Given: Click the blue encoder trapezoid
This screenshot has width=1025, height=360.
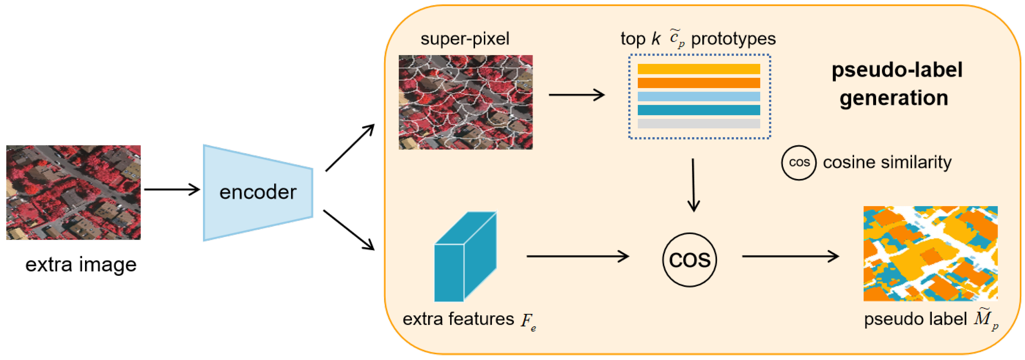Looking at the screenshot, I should point(258,193).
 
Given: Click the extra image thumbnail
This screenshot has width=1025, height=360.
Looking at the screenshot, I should point(74,192).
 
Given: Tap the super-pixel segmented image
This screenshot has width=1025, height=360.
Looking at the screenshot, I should point(466,102).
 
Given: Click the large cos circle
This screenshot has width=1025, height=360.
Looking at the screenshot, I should point(689,259).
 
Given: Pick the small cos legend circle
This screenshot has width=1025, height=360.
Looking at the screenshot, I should point(799,162).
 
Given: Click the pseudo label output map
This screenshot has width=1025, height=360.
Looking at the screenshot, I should point(930,253).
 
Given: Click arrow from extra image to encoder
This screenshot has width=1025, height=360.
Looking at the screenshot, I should point(172,189).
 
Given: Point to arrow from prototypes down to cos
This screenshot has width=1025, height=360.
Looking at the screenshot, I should point(693,185).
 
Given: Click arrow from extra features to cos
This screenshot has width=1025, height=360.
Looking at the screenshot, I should point(577,256).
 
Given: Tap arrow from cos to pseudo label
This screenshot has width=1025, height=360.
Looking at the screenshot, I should point(790,256).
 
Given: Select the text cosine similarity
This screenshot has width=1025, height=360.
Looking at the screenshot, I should point(887,162).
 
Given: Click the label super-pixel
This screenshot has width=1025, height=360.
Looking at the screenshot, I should point(465,39).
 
